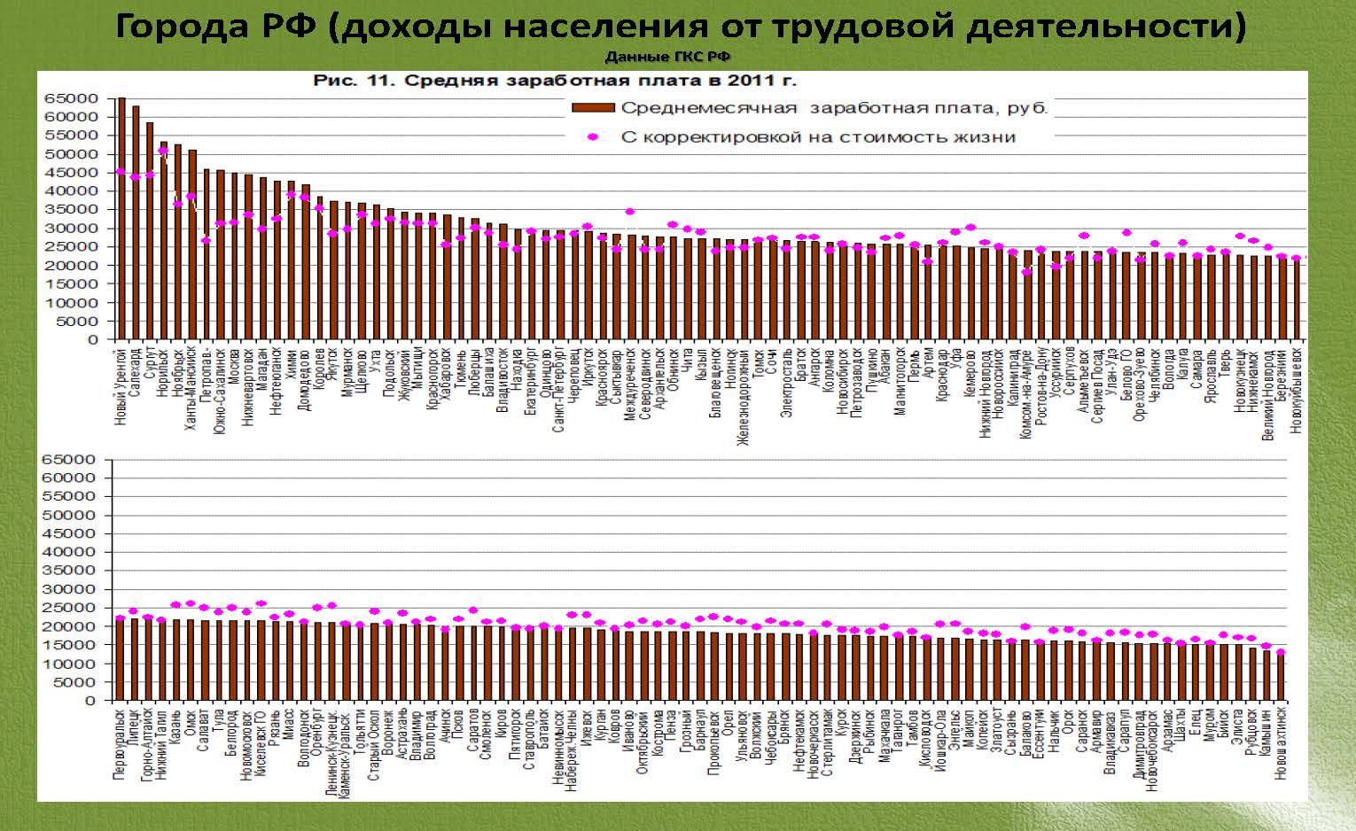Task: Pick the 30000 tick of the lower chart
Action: [x=76, y=589]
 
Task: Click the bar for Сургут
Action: [x=150, y=230]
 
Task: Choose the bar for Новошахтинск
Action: [x=1281, y=677]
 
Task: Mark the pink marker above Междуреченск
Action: [x=630, y=212]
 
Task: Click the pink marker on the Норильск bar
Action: [x=164, y=151]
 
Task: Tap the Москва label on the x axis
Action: [x=234, y=366]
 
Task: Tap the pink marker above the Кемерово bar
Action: [x=970, y=228]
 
